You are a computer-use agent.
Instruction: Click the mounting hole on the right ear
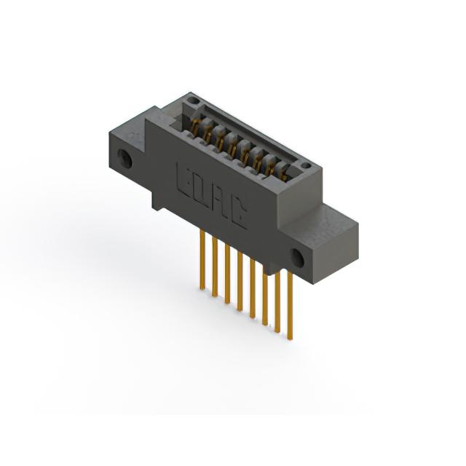click(297, 257)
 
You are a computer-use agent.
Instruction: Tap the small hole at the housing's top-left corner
click(193, 100)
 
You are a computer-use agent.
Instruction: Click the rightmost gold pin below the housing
click(290, 304)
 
